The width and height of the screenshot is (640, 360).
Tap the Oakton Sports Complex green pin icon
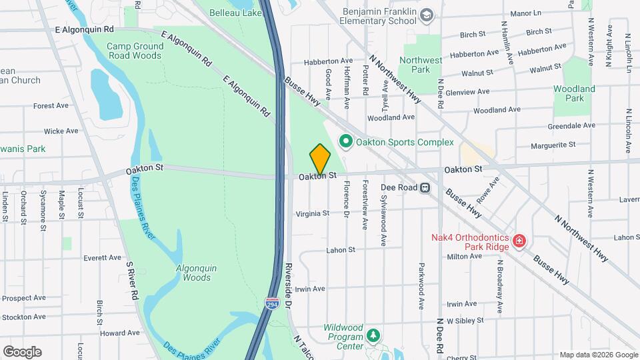click(345, 142)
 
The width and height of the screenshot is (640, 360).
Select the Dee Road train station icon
click(424, 188)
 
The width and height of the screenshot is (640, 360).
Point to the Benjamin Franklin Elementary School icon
click(426, 13)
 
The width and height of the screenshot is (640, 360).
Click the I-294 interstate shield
click(271, 303)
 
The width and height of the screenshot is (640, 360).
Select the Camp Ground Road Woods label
click(135, 51)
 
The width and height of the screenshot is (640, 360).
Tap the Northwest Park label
click(420, 65)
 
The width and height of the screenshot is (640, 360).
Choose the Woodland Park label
click(574, 93)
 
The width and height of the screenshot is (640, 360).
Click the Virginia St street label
click(313, 213)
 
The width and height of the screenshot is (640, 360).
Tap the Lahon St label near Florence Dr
click(341, 251)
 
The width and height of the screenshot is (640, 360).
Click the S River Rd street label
click(132, 280)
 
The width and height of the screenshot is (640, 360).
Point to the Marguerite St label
click(553, 145)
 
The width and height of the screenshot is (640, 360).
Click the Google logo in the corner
click(22, 351)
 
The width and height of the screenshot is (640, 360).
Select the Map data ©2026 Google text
click(598, 355)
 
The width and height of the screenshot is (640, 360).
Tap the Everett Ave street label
click(102, 257)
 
